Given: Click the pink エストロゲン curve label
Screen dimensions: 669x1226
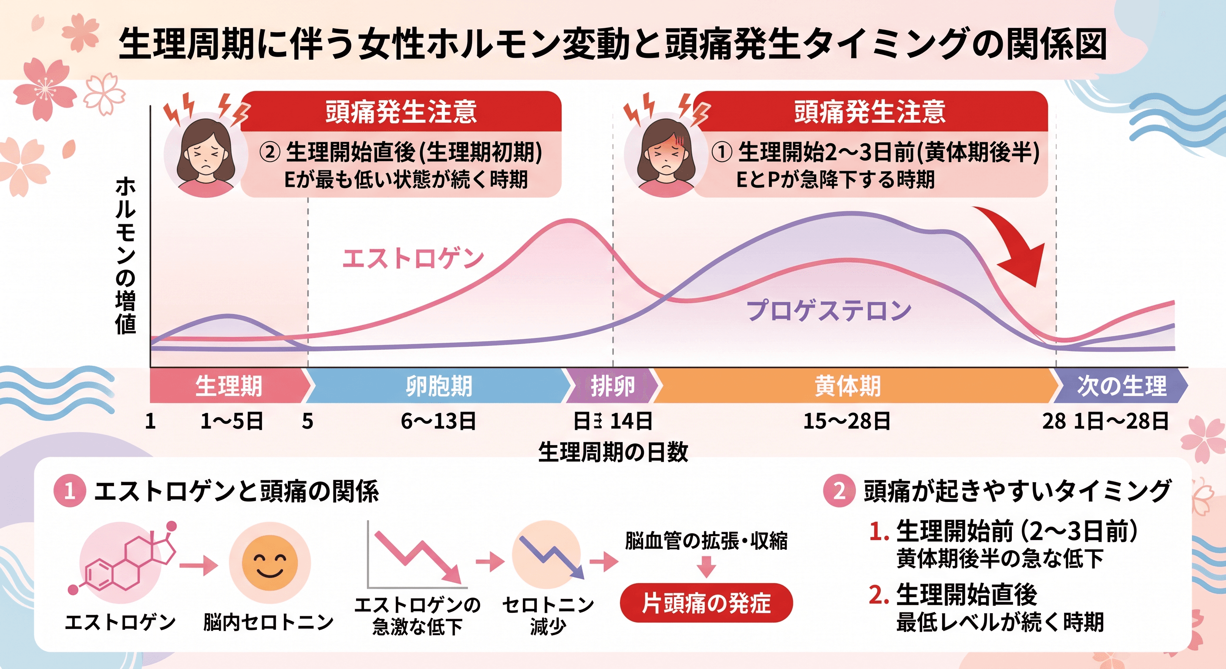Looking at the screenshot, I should click(x=413, y=259).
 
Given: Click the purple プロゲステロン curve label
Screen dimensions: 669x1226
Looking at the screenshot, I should click(x=829, y=310).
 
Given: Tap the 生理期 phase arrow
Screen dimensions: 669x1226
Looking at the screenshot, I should click(x=229, y=386).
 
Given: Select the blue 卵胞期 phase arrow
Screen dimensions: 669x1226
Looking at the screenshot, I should click(x=438, y=386).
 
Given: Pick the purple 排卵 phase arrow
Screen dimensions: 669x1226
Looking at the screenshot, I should click(x=612, y=386).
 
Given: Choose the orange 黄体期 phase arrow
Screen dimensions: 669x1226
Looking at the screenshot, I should click(x=847, y=386).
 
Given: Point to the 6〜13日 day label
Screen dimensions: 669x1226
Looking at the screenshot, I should click(x=438, y=421).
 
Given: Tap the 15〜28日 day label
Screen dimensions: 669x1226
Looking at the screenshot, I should click(x=847, y=421).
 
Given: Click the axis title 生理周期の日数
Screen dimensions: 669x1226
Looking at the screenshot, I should click(x=613, y=451).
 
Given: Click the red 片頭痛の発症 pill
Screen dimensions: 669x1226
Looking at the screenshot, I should click(x=706, y=603).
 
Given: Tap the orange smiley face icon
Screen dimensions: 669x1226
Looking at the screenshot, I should click(x=269, y=562).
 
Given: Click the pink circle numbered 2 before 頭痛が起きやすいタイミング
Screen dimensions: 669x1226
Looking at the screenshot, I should click(x=839, y=491).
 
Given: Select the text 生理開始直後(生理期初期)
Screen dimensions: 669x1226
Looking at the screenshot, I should click(x=413, y=152).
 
